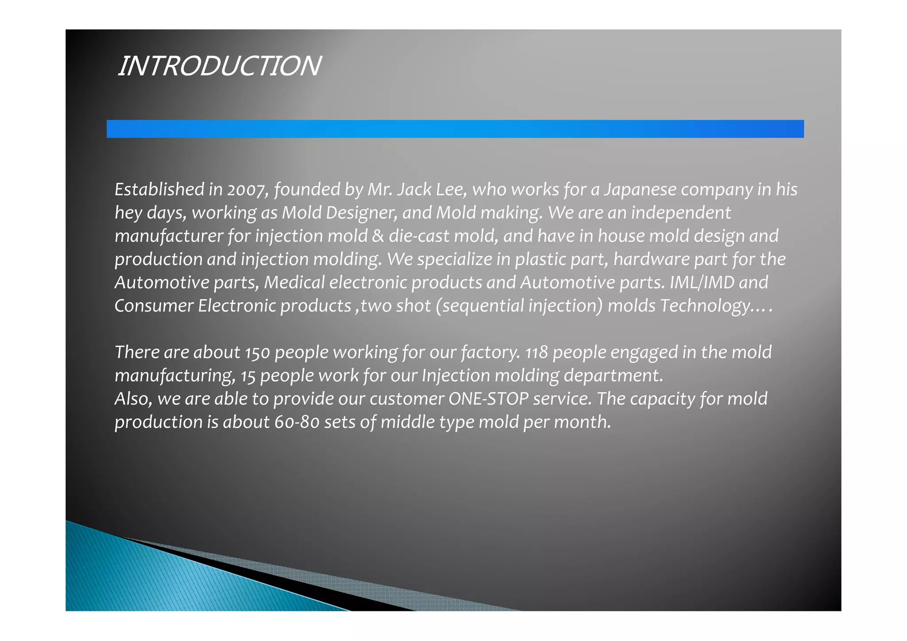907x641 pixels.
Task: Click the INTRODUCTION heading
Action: coord(219,66)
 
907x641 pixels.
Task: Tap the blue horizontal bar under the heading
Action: coord(455,129)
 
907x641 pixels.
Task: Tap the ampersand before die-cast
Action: coord(378,236)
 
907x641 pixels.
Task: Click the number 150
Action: coord(257,353)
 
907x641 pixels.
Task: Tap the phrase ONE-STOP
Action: coord(488,399)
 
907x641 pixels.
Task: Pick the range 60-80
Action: coord(297,422)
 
